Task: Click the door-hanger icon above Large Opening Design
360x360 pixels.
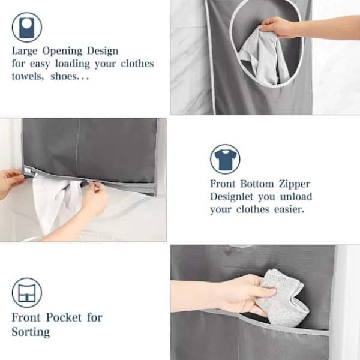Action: pos(27,28)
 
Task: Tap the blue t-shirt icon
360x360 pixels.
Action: pos(225,159)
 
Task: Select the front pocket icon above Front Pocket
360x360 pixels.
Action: pos(27,293)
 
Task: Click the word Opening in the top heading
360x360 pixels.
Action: pos(62,51)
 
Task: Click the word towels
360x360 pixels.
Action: pos(28,76)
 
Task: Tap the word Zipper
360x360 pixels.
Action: pos(295,184)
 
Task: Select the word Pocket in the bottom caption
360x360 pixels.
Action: pos(64,317)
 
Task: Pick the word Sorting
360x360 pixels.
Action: pos(31,332)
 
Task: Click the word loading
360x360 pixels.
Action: pos(73,64)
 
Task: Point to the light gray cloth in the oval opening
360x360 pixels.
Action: pos(263,58)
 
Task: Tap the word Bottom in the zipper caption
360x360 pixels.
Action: pos(257,184)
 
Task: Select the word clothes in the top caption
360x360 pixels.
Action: pos(137,64)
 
